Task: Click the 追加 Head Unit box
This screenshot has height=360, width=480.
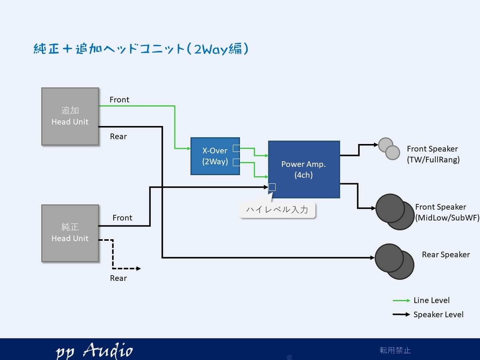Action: click(70, 116)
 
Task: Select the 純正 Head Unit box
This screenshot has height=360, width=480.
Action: click(70, 233)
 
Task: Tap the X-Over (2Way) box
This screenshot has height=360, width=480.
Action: click(215, 156)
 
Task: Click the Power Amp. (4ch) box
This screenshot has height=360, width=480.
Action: click(304, 169)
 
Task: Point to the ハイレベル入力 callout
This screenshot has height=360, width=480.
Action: click(277, 210)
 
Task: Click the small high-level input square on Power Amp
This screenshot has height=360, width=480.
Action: click(272, 187)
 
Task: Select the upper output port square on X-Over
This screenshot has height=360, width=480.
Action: click(236, 148)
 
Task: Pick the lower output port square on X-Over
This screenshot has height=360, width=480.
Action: click(236, 163)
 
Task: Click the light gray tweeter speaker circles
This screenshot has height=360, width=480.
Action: click(389, 149)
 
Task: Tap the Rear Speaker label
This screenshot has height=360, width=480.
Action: click(446, 254)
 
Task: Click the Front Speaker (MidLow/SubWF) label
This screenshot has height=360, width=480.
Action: click(447, 212)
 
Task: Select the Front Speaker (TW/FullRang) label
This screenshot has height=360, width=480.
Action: click(433, 154)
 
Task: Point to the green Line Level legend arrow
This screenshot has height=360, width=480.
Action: click(401, 300)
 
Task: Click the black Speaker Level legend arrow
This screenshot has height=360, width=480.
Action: click(401, 314)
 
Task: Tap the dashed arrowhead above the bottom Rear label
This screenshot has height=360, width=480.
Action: click(138, 268)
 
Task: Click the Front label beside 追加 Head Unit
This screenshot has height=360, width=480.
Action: click(119, 100)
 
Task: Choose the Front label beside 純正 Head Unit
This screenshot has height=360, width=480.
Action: click(122, 218)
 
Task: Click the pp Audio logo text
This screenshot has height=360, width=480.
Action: click(94, 350)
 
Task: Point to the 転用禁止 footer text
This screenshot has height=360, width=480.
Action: click(395, 350)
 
